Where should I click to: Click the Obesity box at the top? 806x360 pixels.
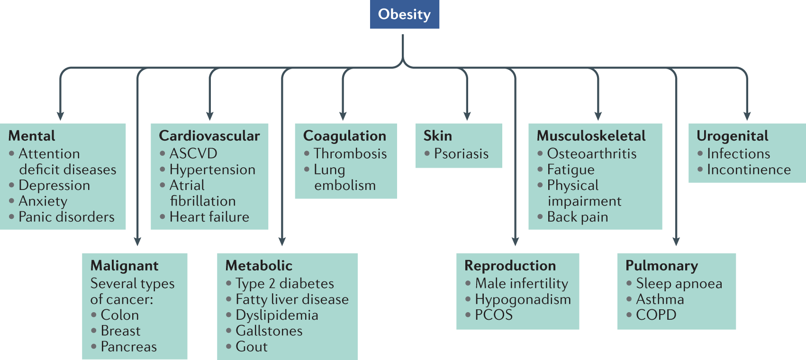coord(404,14)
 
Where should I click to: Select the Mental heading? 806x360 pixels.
coord(32,136)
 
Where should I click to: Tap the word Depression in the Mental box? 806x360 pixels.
coord(54,185)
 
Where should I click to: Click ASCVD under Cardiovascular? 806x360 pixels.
coord(193,153)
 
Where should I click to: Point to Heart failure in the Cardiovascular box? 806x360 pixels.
coord(209,217)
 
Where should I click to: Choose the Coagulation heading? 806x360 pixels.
coord(344,136)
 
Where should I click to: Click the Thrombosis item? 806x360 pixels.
coord(350,153)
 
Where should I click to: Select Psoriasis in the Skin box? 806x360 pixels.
coord(461,153)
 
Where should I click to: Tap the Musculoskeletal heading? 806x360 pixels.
coord(591,136)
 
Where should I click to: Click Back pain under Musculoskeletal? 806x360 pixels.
coord(577,217)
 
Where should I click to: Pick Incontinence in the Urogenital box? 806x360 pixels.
coord(749,170)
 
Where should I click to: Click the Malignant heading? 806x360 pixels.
coord(125,266)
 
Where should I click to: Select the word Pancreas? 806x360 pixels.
coord(128,347)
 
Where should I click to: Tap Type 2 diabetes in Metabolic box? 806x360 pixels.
coord(284,283)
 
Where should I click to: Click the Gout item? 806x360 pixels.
coord(252,347)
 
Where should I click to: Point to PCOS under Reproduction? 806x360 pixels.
coord(494,315)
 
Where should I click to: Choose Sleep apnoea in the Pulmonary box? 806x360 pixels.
coord(679,283)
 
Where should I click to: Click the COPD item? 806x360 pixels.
coord(656,315)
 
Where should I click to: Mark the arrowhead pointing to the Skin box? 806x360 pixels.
coord(467,116)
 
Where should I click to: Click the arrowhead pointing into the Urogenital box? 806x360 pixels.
coord(747,116)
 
